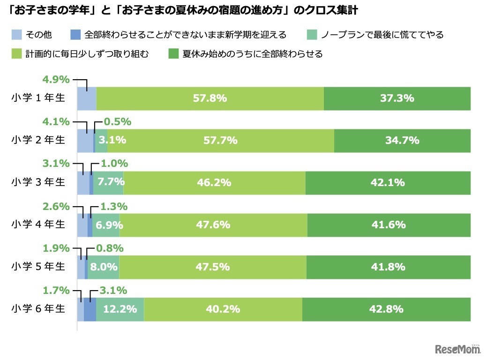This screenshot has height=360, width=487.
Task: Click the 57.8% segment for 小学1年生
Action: tap(210, 98)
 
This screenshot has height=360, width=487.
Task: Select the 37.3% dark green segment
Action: tap(397, 98)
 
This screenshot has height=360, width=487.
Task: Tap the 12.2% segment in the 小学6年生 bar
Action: tap(120, 309)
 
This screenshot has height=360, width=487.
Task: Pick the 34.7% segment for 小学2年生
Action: tap(402, 141)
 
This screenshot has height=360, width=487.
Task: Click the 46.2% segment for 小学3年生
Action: tap(214, 183)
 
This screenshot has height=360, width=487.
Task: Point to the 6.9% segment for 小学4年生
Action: tap(106, 225)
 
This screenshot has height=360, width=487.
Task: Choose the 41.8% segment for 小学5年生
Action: tap(388, 267)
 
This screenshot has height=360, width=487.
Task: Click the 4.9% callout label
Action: tap(56, 80)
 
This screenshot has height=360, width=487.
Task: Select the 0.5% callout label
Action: tap(117, 122)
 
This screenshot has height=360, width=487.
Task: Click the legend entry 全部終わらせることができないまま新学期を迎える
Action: tap(185, 35)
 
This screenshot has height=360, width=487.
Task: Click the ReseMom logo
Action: tap(457, 349)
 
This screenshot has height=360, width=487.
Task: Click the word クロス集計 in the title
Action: tap(336, 10)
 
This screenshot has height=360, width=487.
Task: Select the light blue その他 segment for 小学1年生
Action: tap(86, 98)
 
